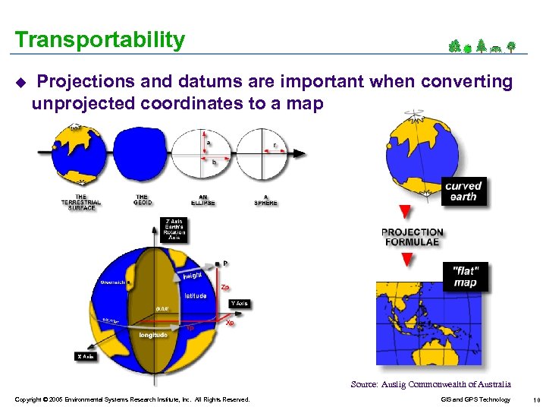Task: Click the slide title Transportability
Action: (99, 39)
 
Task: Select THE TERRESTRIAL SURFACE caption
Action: (80, 203)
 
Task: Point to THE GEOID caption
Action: (143, 200)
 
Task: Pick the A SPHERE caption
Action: (265, 200)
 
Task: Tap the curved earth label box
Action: (463, 191)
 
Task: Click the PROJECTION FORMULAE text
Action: (411, 237)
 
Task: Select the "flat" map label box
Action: (465, 277)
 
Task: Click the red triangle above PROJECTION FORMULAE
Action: (405, 212)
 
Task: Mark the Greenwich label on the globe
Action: (115, 282)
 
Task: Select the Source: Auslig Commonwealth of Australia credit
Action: (431, 384)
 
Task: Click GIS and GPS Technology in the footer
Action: (475, 399)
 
